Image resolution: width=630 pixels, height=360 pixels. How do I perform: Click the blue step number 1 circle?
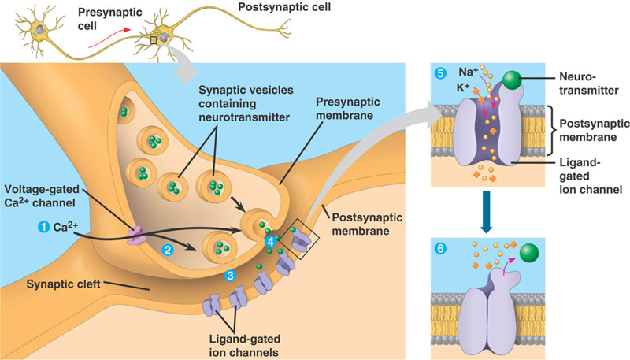click(43, 227)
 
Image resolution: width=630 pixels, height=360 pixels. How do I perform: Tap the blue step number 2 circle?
click(167, 251)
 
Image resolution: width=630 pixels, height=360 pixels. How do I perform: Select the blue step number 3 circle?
click(230, 276)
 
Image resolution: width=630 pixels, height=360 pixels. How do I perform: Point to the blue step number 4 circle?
click(270, 242)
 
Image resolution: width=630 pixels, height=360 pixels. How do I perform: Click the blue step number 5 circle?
click(440, 73)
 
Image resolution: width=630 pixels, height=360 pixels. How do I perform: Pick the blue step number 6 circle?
click(440, 249)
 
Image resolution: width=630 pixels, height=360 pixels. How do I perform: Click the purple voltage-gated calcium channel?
click(136, 236)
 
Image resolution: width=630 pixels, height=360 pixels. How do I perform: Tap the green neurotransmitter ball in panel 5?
click(512, 80)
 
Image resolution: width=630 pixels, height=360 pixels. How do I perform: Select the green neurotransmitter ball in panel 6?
click(529, 253)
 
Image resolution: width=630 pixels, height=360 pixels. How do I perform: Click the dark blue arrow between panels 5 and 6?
click(487, 212)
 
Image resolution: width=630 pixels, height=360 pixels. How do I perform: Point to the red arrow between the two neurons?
click(109, 38)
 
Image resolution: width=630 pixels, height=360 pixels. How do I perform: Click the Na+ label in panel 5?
click(469, 72)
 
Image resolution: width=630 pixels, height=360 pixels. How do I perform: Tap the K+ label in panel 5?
click(463, 87)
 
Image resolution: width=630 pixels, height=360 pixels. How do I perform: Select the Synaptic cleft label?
click(63, 284)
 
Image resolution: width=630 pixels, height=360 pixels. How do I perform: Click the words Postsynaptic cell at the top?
click(284, 7)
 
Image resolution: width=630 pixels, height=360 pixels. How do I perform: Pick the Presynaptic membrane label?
click(348, 109)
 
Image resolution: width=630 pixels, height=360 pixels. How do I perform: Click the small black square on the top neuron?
click(153, 39)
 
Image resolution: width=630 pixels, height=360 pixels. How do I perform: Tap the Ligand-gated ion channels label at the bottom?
click(244, 346)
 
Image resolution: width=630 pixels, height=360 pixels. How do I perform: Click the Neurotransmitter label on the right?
click(588, 84)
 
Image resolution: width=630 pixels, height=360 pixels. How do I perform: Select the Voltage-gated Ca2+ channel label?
click(42, 195)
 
